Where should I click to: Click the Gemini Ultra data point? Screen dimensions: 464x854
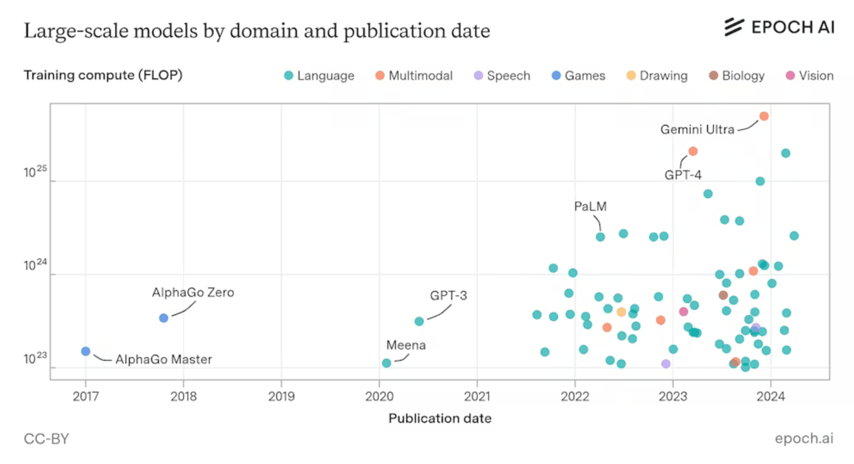(x=764, y=116)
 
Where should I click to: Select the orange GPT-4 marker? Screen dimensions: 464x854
(x=692, y=151)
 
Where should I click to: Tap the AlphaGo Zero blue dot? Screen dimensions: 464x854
(x=163, y=318)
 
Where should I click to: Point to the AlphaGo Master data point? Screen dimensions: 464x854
(x=86, y=351)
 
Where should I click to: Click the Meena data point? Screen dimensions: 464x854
(x=386, y=363)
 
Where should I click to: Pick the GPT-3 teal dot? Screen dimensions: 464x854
(x=419, y=321)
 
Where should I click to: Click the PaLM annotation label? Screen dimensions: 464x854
(x=590, y=207)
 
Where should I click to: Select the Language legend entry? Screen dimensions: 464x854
(x=319, y=76)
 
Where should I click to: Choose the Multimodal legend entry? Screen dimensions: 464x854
(x=414, y=76)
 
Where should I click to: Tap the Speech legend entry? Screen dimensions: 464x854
(x=502, y=76)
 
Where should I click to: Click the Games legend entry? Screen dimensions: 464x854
(x=578, y=76)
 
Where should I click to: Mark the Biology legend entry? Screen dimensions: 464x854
(x=736, y=76)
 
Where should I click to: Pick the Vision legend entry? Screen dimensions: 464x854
(x=810, y=76)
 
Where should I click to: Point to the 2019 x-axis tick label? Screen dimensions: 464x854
(x=281, y=396)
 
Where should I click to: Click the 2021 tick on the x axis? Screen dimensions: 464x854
(x=477, y=396)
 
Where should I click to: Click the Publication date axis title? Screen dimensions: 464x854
(x=439, y=418)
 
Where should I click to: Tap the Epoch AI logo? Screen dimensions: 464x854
(x=779, y=27)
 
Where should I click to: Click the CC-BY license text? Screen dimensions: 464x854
(x=46, y=439)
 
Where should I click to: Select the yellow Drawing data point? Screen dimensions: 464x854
(x=621, y=312)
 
